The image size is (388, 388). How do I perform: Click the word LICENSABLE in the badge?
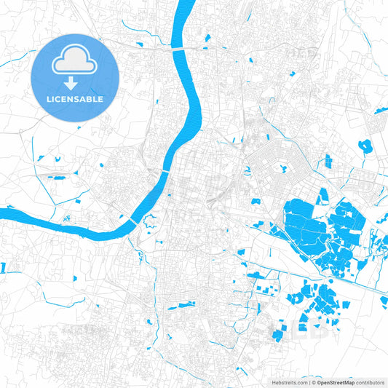click(75, 98)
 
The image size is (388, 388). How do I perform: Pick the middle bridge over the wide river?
click(167, 172)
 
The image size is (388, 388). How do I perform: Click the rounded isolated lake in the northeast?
click(365, 145)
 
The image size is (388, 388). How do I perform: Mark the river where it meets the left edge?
click(4, 214)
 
